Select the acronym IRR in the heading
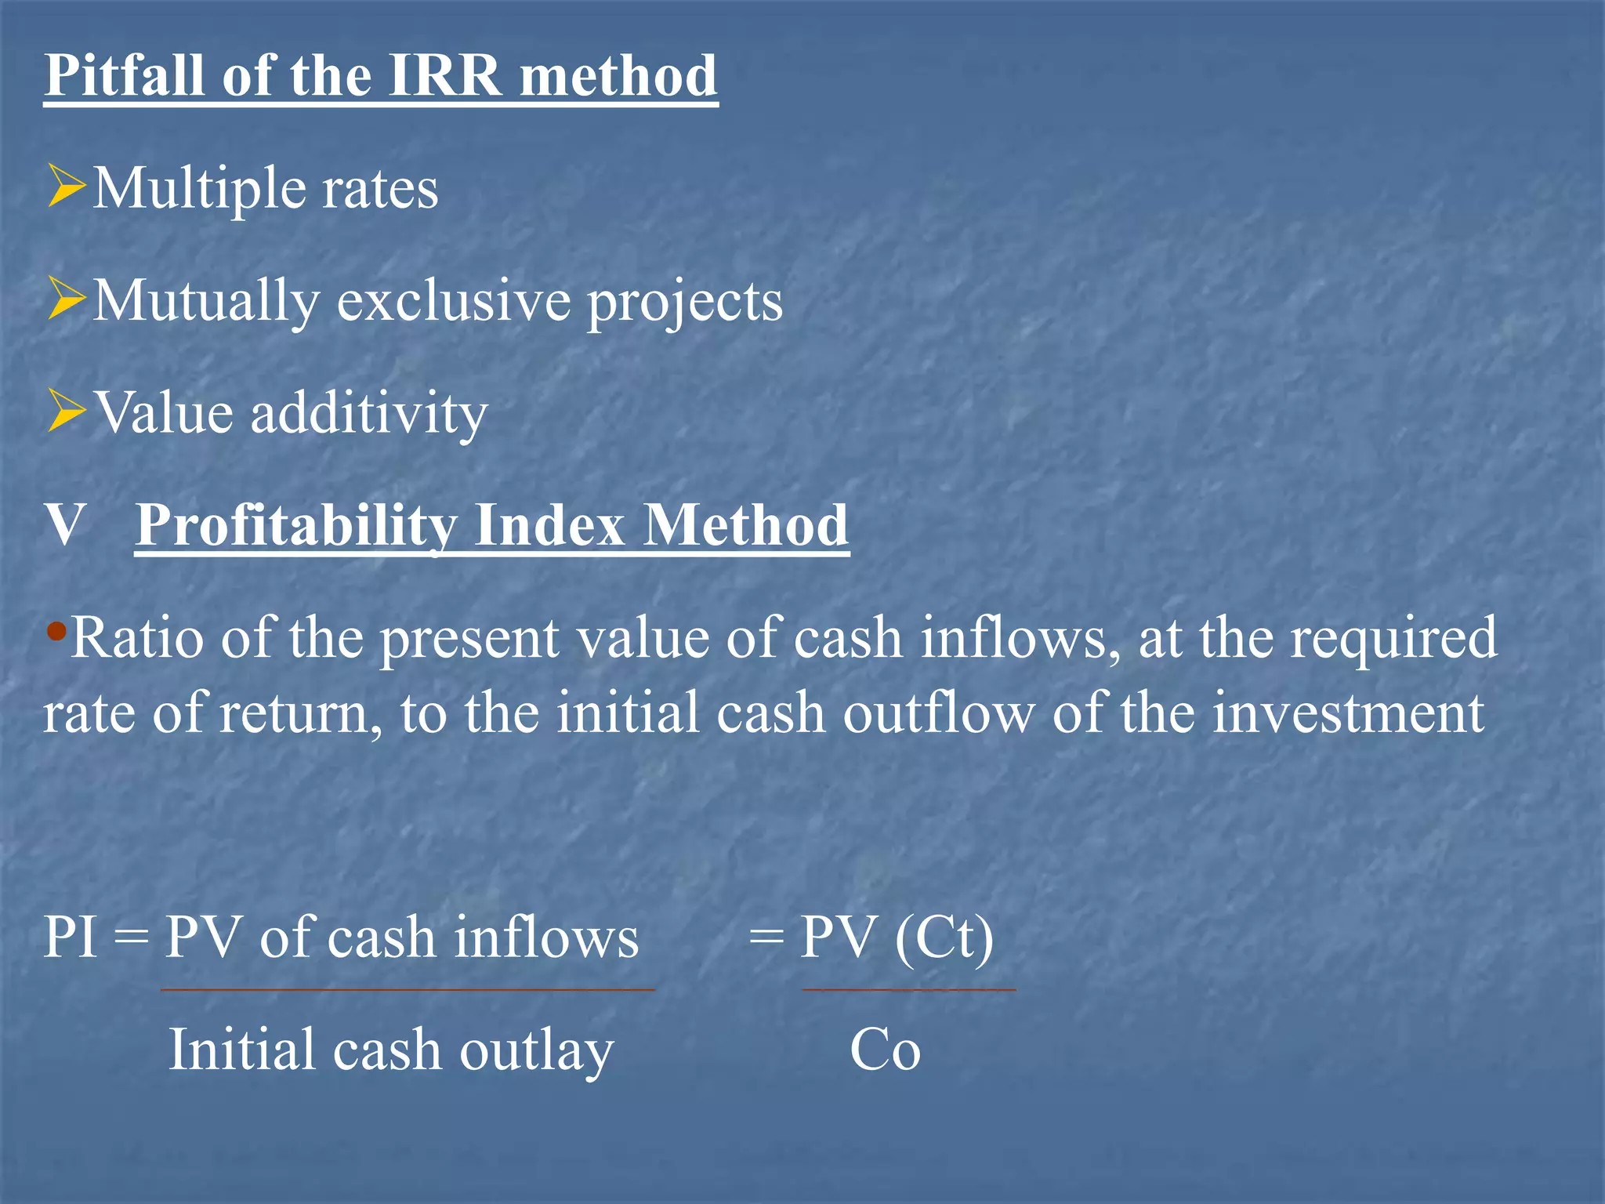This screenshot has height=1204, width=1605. [x=444, y=76]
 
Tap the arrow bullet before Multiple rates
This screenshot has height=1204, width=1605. [x=66, y=186]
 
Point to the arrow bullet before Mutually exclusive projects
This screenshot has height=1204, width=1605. [x=66, y=299]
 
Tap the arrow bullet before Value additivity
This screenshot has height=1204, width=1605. [x=66, y=411]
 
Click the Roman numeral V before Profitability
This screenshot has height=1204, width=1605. [x=64, y=525]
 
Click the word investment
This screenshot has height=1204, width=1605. [x=1348, y=713]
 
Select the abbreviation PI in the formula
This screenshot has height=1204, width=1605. [x=71, y=937]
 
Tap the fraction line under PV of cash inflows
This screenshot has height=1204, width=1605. [x=408, y=990]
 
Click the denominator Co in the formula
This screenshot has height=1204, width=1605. [x=885, y=1050]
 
